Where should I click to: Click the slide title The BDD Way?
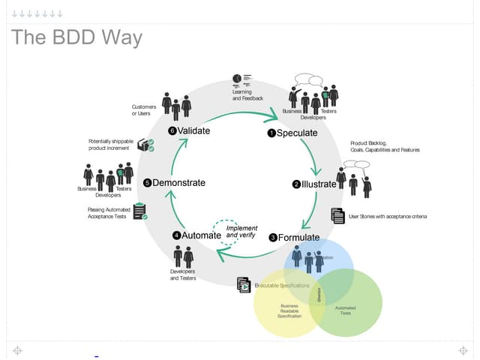(x=77, y=37)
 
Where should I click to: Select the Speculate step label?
(x=297, y=133)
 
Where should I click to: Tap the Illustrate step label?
(x=319, y=184)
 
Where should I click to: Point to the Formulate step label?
(x=298, y=238)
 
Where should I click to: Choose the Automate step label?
(x=202, y=235)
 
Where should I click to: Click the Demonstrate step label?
(x=178, y=182)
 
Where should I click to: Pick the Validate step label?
(x=193, y=130)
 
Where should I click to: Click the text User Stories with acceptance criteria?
(x=388, y=217)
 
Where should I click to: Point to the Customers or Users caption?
(x=144, y=110)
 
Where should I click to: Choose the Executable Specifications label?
(x=282, y=286)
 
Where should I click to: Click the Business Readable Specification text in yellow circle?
(x=289, y=310)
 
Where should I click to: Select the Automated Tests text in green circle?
(x=345, y=310)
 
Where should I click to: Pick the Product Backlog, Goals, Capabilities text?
(x=385, y=146)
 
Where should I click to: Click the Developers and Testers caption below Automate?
(x=183, y=274)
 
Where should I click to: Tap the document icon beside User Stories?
(x=337, y=216)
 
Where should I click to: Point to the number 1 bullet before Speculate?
(x=271, y=133)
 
